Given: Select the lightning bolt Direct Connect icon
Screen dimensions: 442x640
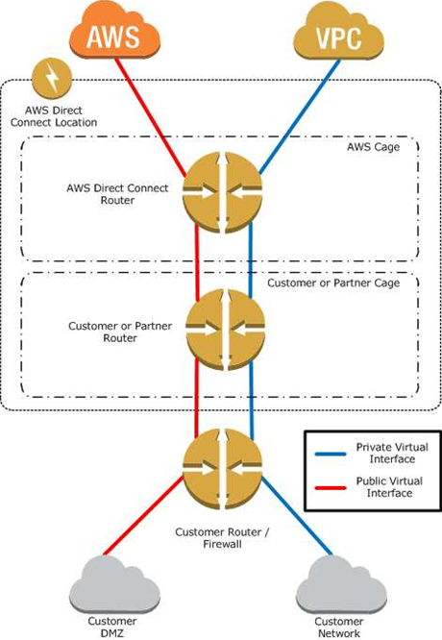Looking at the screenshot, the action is point(52,79).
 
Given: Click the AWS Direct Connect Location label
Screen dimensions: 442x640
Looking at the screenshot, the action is point(54,116).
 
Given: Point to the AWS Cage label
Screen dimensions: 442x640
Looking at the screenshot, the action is point(373,147).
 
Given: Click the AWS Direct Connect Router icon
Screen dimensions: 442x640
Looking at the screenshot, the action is point(222,192).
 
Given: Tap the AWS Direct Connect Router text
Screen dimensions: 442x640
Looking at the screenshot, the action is point(117,194).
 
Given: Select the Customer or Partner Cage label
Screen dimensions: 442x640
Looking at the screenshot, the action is point(333,283).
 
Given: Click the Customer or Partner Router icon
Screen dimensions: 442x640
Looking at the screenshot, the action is point(225,330).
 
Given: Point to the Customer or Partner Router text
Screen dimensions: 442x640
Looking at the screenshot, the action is point(120,332).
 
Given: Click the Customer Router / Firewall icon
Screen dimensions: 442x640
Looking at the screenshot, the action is point(222,469).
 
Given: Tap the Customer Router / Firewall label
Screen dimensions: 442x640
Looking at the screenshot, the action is point(222,538).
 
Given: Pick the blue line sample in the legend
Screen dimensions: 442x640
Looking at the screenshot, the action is point(331,454).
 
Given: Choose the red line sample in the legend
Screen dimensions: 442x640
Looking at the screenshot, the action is point(331,488).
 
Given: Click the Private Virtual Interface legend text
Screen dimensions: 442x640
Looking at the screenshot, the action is point(392,453).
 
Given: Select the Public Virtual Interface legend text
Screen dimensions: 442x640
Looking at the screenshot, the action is point(389,487).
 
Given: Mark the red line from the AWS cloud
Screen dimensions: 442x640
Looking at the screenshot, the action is point(151,118).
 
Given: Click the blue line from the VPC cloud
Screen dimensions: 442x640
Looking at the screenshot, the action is point(299,117).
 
